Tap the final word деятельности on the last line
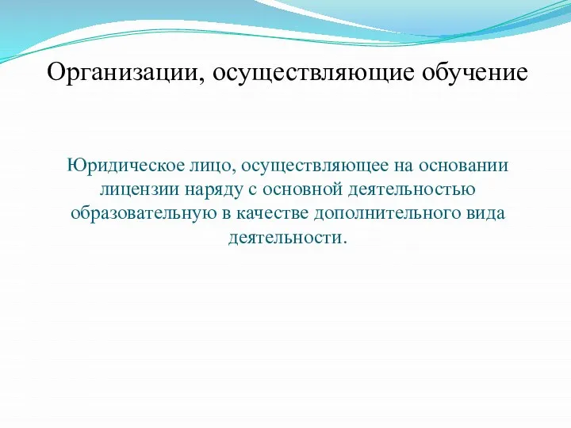coord(284,237)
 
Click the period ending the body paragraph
coord(344,241)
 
